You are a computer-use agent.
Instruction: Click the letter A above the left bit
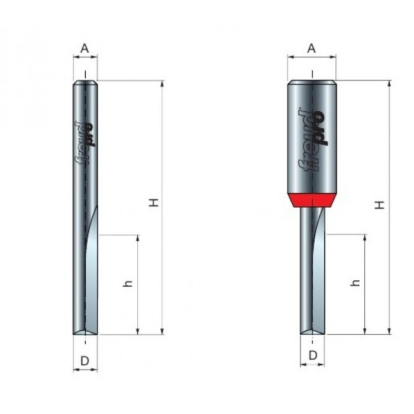click(85, 48)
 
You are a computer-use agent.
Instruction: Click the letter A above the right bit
click(312, 48)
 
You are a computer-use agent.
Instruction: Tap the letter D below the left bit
click(85, 361)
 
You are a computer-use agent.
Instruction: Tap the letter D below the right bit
click(313, 355)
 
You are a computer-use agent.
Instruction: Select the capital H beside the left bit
click(154, 202)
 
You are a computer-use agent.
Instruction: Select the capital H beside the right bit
click(380, 205)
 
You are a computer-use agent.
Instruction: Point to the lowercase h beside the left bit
click(128, 283)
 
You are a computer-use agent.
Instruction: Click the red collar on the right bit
click(312, 200)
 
